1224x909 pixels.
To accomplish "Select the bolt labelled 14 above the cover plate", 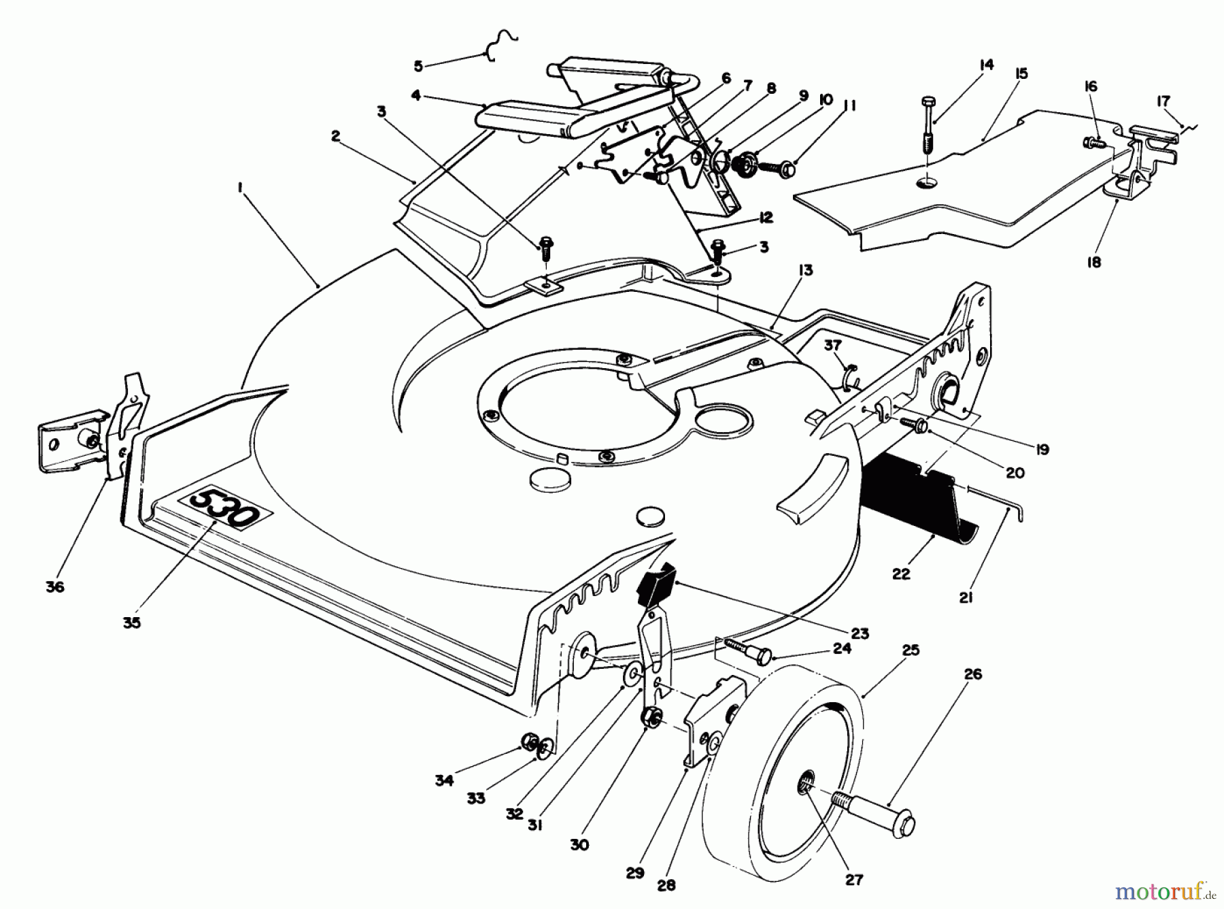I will point(929,126).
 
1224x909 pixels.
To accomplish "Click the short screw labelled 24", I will point(746,650).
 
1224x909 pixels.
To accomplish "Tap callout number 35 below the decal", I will point(132,622).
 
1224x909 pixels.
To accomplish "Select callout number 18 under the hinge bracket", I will point(1093,262).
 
